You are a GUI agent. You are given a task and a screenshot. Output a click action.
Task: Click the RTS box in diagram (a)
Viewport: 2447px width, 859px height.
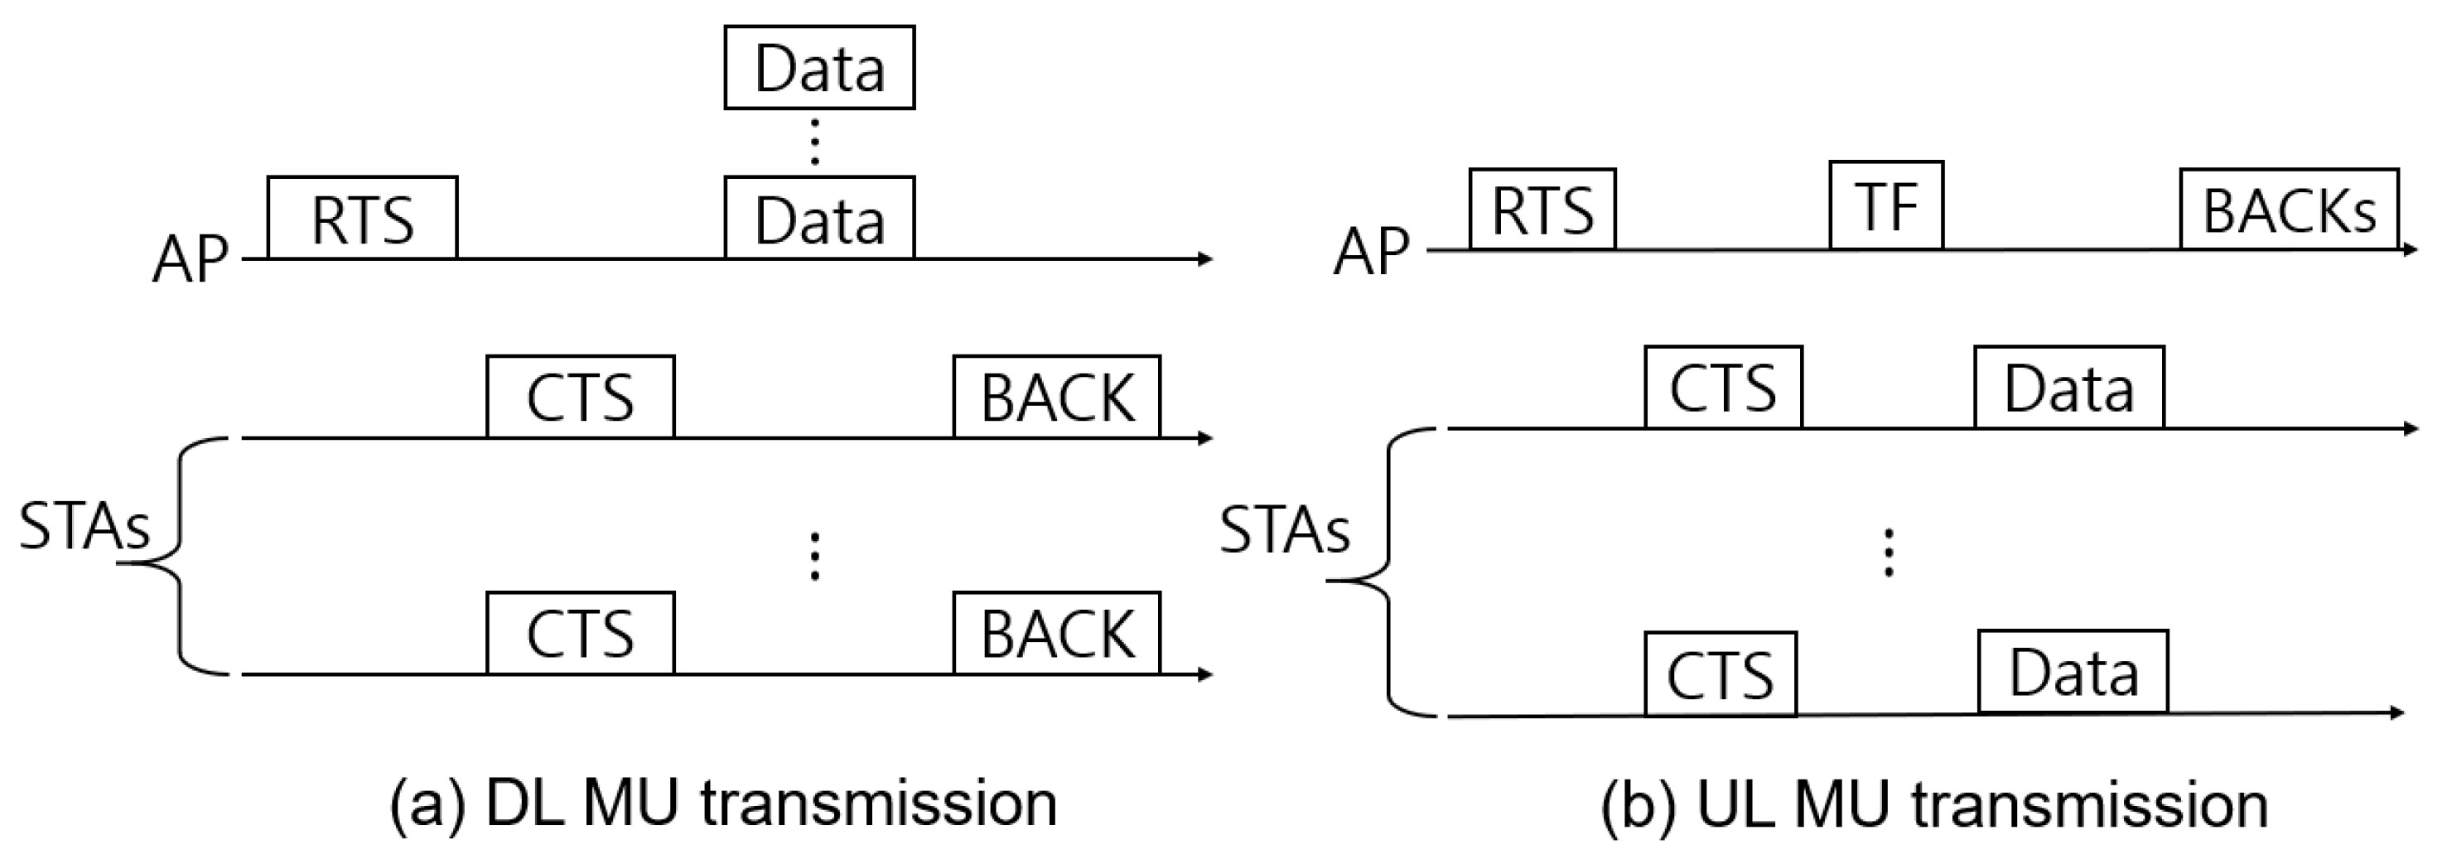coord(362,218)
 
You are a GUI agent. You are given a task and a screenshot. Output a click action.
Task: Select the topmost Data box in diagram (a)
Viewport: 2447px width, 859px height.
coord(818,67)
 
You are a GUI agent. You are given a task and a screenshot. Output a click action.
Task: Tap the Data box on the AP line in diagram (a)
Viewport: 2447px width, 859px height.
coord(818,218)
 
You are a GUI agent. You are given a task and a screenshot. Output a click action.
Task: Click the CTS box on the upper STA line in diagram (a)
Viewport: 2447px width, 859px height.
coord(581,396)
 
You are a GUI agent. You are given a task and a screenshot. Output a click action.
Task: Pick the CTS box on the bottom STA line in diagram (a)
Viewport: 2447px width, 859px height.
coord(581,633)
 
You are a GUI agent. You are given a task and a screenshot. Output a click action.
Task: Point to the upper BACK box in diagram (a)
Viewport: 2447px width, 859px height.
coord(1056,396)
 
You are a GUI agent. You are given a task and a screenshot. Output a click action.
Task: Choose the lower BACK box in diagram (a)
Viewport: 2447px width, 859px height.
coord(1056,633)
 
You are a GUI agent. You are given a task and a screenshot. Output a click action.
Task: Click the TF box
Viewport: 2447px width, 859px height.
coord(1885,205)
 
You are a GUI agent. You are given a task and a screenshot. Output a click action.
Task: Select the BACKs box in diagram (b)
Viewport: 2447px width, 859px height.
coord(2288,209)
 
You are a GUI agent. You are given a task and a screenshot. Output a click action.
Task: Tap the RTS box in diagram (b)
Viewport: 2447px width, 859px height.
coord(1542,209)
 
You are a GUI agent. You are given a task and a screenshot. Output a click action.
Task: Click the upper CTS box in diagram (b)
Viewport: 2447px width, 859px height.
coord(1723,387)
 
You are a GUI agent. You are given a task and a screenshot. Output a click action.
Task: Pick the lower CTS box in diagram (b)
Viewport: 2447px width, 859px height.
coord(1721,673)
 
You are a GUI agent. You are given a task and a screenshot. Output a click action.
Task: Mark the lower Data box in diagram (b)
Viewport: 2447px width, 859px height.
coord(2073,671)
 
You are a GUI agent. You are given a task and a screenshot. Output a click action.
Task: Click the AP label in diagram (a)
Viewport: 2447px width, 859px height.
coord(190,258)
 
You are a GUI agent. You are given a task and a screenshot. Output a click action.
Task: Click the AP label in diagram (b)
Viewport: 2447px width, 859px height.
coord(1371,252)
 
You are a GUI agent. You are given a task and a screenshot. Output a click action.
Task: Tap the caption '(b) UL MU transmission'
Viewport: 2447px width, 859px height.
coord(1934,806)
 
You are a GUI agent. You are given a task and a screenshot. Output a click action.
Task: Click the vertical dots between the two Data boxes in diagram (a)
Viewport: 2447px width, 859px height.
coord(814,142)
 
